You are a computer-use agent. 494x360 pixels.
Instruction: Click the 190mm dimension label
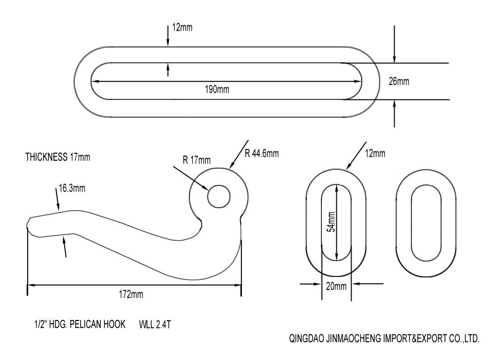[x=217, y=90]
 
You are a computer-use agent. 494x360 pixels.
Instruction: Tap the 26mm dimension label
[x=399, y=81]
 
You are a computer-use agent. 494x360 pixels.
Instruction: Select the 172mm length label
[x=131, y=294]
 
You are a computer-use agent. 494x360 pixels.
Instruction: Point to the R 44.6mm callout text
[x=262, y=153]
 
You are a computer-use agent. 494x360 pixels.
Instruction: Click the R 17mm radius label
[x=197, y=160]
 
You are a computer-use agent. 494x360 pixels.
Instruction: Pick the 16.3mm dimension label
[x=72, y=188]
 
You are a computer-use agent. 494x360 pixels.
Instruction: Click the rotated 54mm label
[x=331, y=222]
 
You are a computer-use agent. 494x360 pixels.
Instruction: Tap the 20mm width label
[x=336, y=286]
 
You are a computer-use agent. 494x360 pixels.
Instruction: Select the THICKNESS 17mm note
[x=58, y=157]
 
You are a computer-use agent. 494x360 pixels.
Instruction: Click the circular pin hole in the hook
[x=219, y=196]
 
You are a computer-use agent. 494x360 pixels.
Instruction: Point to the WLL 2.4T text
[x=155, y=324]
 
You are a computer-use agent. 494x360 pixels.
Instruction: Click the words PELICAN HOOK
[x=97, y=324]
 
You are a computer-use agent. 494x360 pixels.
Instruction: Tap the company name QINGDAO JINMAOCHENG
[x=335, y=339]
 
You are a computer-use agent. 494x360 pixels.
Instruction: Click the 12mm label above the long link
[x=182, y=27]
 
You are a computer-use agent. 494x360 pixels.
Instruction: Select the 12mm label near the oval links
[x=375, y=153]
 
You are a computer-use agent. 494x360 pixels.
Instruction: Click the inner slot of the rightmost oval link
[x=426, y=223]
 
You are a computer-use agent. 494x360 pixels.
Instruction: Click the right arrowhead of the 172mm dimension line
[x=237, y=285]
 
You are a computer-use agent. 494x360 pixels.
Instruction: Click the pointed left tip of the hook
[x=27, y=224]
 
